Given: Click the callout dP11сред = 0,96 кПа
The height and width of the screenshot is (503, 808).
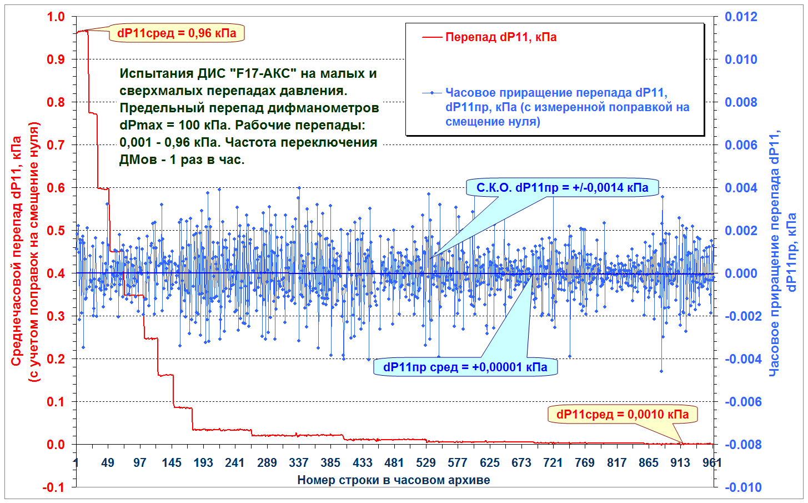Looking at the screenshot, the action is coord(177,33).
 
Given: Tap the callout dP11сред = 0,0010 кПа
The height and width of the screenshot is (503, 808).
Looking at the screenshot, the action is coord(622,414).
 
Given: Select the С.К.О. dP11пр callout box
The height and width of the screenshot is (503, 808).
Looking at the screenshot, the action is coord(562,187).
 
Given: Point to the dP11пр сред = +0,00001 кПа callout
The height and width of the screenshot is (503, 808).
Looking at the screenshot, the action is coord(465,367).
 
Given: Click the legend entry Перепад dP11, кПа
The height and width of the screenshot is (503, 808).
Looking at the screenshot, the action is coord(489,37).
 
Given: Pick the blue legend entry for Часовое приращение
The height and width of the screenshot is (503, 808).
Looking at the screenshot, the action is coord(555,107).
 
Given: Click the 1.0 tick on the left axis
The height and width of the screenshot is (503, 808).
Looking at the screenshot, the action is coord(56,17).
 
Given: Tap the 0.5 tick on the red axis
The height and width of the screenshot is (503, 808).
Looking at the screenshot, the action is coord(56,230).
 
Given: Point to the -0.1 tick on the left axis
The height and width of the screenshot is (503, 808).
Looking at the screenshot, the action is coord(53,487).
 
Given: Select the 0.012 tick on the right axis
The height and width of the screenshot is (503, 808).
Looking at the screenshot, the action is coord(741,17).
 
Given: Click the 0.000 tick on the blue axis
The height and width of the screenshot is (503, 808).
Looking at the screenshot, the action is coord(741,273).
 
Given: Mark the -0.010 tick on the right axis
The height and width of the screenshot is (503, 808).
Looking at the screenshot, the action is coord(743,487).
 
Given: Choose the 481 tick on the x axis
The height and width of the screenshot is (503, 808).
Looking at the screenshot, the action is coord(394,462).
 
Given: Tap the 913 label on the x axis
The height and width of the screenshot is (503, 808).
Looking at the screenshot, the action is coord(680,462).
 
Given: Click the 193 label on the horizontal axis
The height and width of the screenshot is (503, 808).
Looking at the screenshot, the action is coord(203,462).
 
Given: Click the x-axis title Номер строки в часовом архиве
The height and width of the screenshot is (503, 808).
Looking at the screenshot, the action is coord(394,480).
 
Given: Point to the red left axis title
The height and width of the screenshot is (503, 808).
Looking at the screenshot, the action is coord(25,252).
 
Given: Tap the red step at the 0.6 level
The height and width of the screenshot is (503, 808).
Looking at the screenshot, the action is coord(103,188).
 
